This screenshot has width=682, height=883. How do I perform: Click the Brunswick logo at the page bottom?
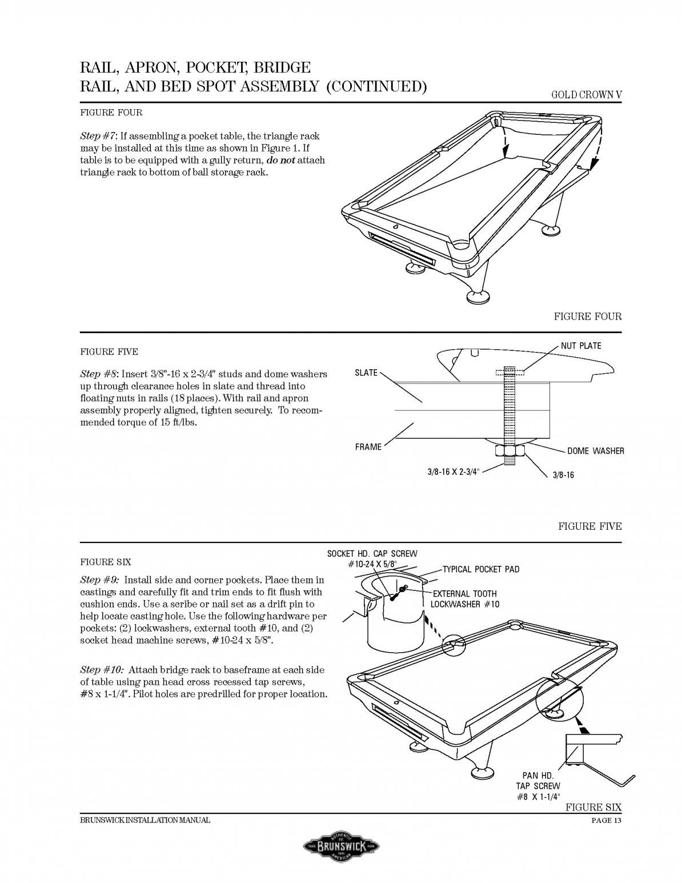click(341, 845)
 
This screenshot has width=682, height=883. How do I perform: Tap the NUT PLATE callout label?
click(580, 346)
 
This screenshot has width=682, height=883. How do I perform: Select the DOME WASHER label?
click(595, 451)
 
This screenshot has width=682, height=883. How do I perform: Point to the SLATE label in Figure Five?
click(366, 373)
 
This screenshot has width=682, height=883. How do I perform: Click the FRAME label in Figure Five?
click(368, 446)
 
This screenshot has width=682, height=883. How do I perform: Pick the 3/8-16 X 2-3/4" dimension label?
click(454, 472)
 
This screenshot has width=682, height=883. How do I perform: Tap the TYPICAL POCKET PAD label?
click(481, 569)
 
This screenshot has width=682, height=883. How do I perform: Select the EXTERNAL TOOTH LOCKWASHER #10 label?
click(464, 599)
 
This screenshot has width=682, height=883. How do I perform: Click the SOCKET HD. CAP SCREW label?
click(372, 554)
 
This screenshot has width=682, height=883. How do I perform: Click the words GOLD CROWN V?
click(586, 95)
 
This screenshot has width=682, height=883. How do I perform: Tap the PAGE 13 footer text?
click(606, 821)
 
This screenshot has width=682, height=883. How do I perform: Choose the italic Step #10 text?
click(101, 670)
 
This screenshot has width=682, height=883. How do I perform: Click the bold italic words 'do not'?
click(280, 160)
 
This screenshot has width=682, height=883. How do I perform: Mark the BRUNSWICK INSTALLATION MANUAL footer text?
click(145, 821)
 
